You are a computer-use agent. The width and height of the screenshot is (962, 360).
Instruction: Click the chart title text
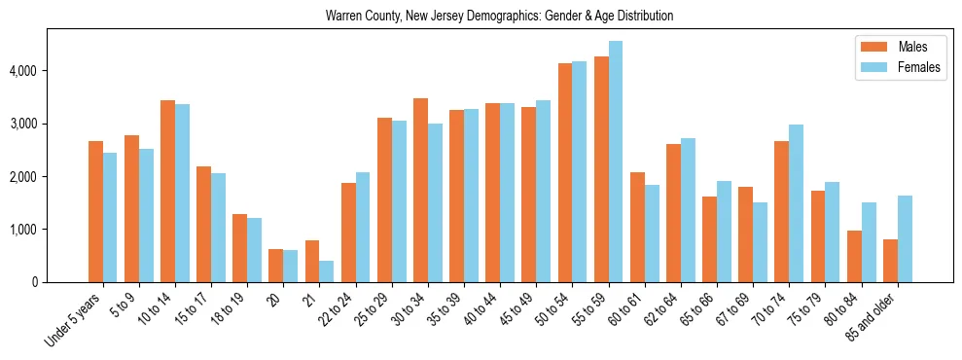coord(500,17)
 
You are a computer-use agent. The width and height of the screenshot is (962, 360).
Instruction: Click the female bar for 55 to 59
coord(616,162)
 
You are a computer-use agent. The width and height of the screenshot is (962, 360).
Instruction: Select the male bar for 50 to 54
coord(565,172)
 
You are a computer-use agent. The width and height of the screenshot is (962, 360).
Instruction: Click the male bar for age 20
coord(276,266)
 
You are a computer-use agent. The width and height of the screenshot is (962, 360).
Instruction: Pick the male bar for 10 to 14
coord(167,191)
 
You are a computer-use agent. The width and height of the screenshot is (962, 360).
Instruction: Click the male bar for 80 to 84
coord(854,256)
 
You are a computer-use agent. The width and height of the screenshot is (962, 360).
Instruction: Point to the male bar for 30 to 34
coord(420,190)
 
